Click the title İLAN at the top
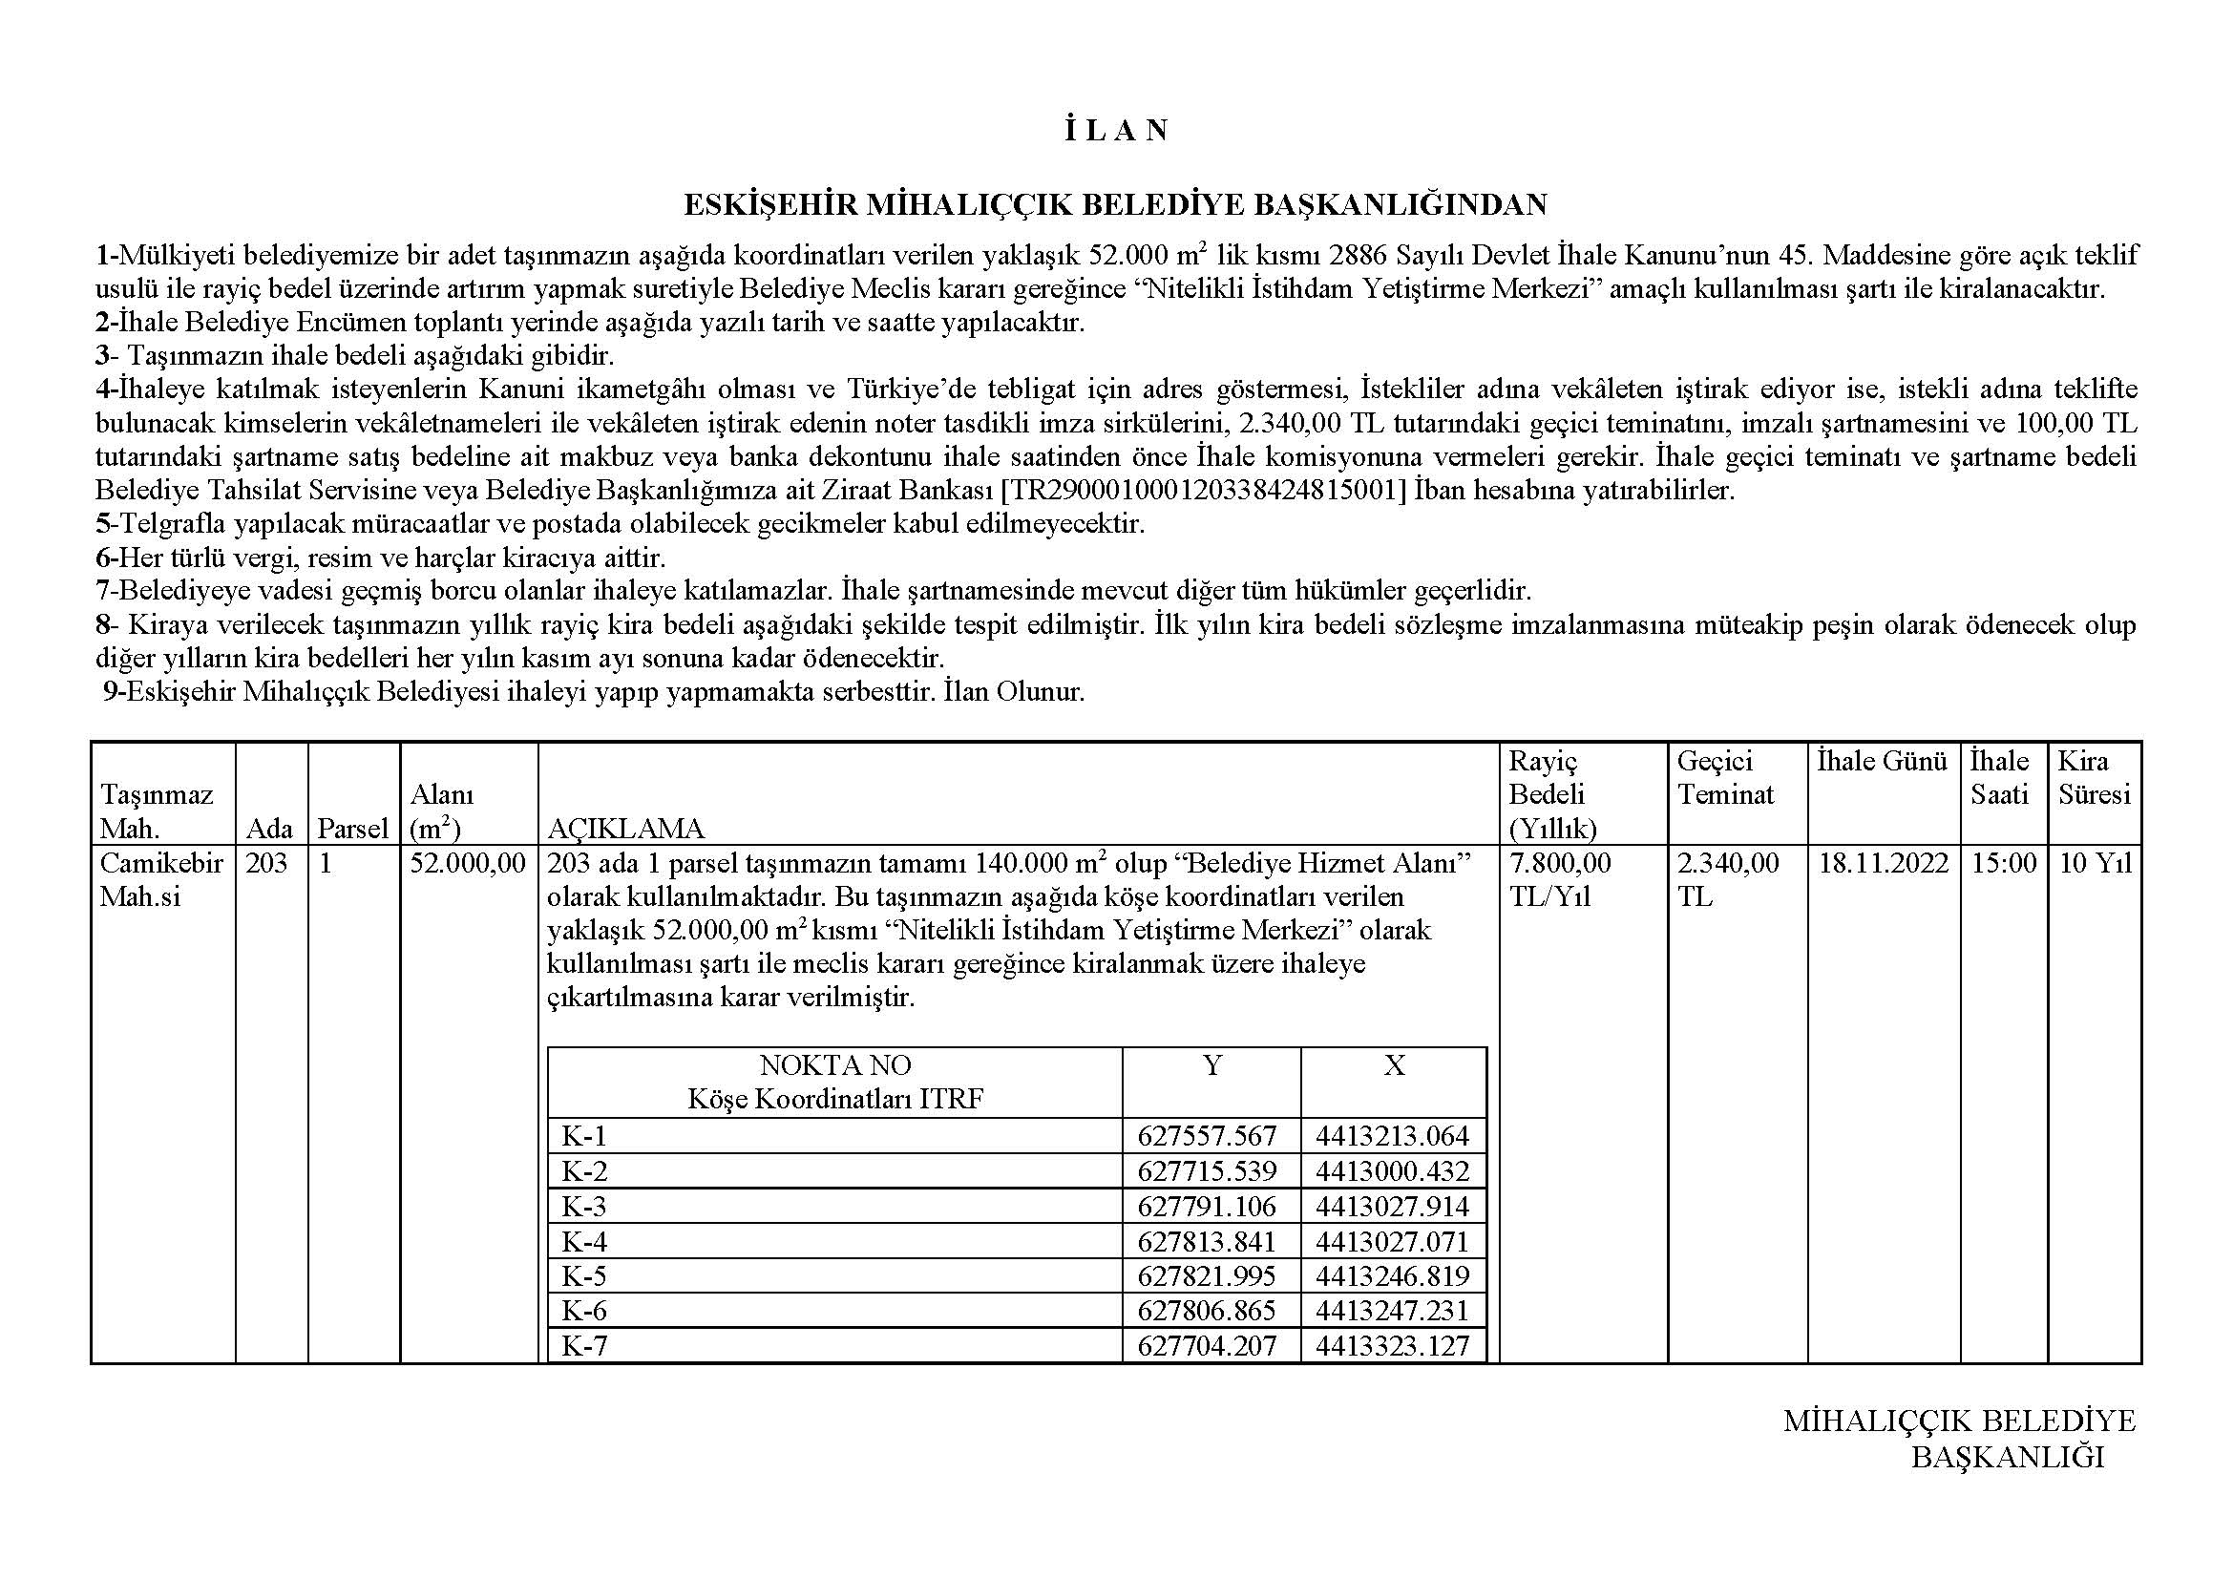[x=1115, y=131]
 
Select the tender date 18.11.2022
[x=1883, y=863]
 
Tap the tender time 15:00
[x=2004, y=863]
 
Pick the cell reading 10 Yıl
[x=2095, y=863]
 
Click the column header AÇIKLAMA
[x=625, y=829]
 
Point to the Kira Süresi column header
[x=2093, y=778]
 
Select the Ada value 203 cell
[x=266, y=863]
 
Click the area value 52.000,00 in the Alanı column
[x=468, y=863]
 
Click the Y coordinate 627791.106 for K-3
[x=1206, y=1207]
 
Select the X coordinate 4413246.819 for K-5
[x=1393, y=1275]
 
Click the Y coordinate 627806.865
[x=1206, y=1311]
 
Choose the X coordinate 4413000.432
[x=1393, y=1170]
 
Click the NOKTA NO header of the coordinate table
[x=834, y=1065]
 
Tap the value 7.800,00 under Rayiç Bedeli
[x=1560, y=863]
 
